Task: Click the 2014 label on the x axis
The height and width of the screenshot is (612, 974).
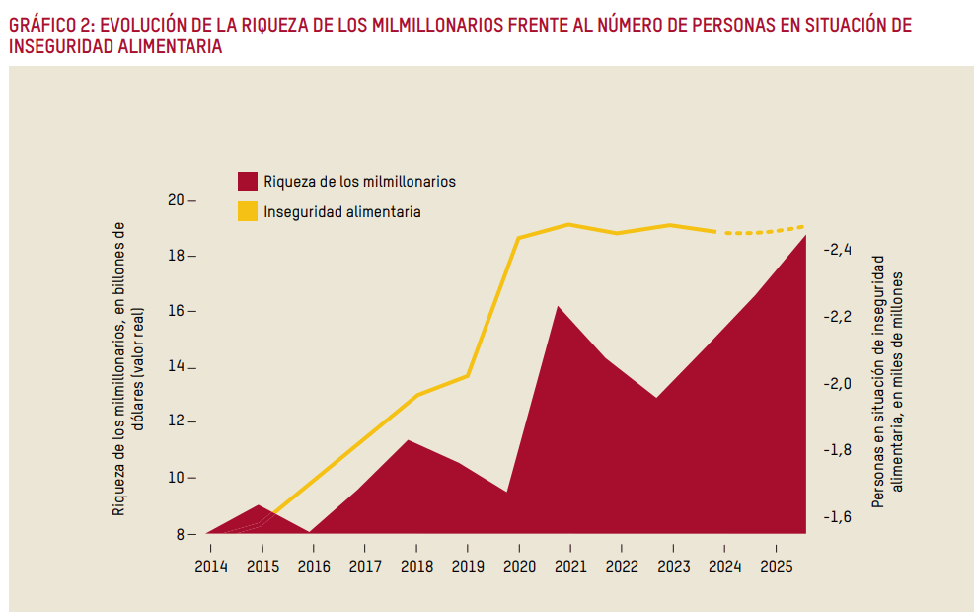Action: click(x=210, y=566)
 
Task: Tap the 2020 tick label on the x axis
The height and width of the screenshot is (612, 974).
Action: click(x=518, y=566)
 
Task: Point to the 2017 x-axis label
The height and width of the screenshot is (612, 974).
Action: click(x=364, y=566)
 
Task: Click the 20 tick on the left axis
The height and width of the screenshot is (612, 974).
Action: click(x=177, y=200)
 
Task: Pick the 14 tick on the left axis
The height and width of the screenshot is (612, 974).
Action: click(x=177, y=367)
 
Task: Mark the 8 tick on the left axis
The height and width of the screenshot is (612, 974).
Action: click(x=181, y=534)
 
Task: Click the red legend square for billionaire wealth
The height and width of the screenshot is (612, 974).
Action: click(x=248, y=182)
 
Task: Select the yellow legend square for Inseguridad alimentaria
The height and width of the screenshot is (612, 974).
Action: click(x=248, y=211)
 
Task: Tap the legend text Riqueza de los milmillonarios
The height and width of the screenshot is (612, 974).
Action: click(x=359, y=182)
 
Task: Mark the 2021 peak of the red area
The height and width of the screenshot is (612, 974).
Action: click(x=559, y=307)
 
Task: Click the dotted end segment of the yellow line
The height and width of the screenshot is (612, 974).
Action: click(x=765, y=231)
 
